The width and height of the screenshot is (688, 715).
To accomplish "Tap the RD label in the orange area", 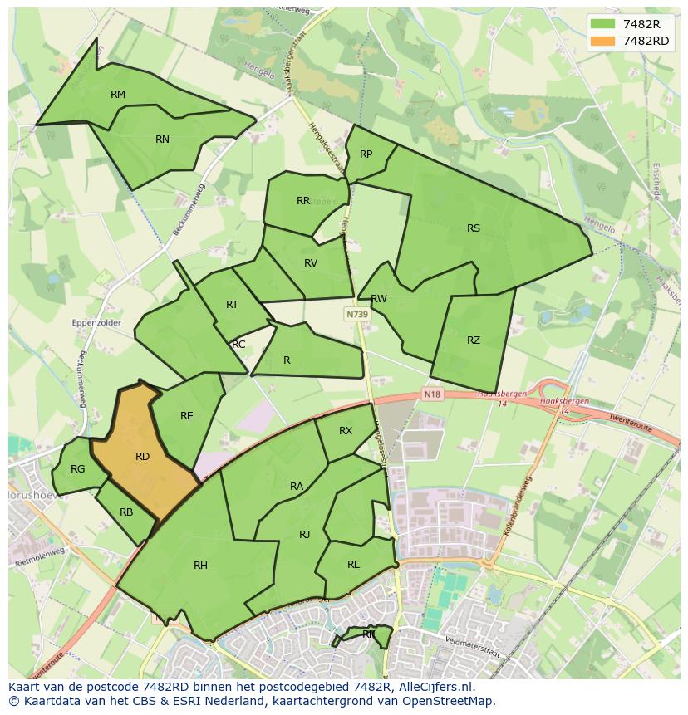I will pyautogui.click(x=142, y=457).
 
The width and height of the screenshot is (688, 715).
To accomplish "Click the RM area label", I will pyautogui.click(x=118, y=95).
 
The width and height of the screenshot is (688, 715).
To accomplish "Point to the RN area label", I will pyautogui.click(x=162, y=140).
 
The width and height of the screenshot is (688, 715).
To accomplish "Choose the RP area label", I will pyautogui.click(x=366, y=154).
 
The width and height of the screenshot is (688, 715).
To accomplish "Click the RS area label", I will pyautogui.click(x=474, y=228).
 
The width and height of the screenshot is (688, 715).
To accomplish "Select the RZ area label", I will pyautogui.click(x=474, y=340).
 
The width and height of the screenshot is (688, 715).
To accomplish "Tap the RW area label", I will pyautogui.click(x=379, y=299).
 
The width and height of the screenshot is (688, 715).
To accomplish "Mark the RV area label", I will pyautogui.click(x=311, y=263).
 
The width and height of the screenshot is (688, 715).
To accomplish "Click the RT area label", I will pyautogui.click(x=232, y=305).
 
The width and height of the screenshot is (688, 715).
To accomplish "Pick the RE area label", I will pyautogui.click(x=187, y=416).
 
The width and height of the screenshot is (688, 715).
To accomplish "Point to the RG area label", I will pyautogui.click(x=77, y=469).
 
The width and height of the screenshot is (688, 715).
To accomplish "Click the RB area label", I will pyautogui.click(x=126, y=512).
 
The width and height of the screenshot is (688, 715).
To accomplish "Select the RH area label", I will pyautogui.click(x=200, y=566).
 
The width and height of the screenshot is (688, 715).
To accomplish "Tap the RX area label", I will pyautogui.click(x=346, y=431).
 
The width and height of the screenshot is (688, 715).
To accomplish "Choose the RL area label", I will pyautogui.click(x=353, y=565).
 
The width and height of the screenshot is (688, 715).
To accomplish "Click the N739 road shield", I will pyautogui.click(x=357, y=315).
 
